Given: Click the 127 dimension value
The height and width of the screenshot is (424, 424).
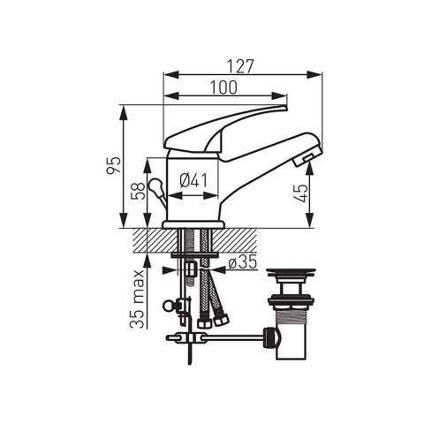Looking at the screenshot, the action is (x=240, y=66).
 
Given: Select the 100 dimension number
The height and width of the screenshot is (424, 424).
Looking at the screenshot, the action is (x=223, y=87).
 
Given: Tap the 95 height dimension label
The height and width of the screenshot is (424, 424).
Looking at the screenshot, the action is (x=114, y=165).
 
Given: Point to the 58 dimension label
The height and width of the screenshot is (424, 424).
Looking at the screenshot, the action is (x=138, y=191).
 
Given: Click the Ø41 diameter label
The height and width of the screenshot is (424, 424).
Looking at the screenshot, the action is (x=193, y=180).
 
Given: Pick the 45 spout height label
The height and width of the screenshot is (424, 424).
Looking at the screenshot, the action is (x=301, y=193).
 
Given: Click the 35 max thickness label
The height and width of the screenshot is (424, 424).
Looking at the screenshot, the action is (x=138, y=299).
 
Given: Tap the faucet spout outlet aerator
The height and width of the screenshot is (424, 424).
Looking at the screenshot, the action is (x=307, y=159).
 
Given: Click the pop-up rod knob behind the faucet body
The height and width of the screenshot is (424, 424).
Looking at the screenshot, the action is (x=155, y=186).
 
